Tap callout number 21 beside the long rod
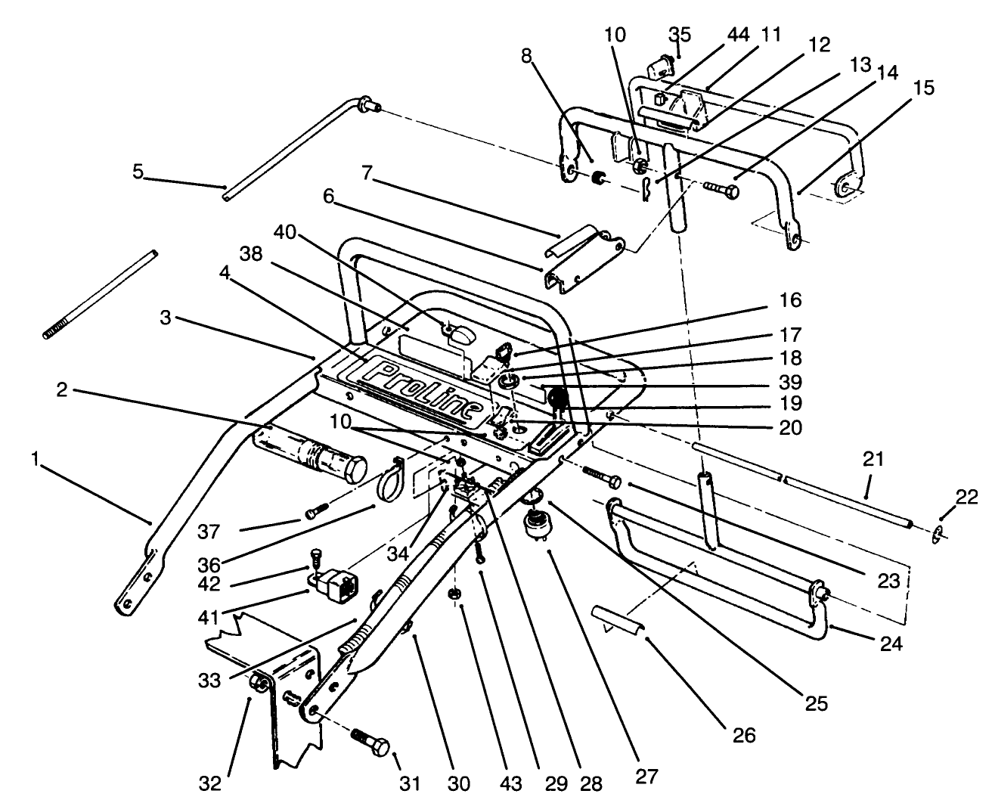(x=873, y=459)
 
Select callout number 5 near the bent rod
(x=138, y=172)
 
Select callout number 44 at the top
(x=717, y=36)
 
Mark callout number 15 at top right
(x=923, y=88)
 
